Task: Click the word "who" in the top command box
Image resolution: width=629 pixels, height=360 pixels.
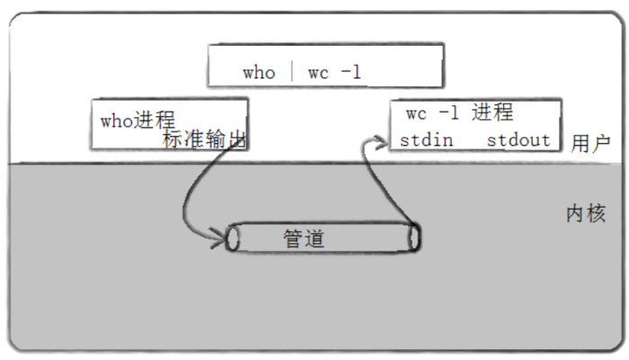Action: pyautogui.click(x=258, y=73)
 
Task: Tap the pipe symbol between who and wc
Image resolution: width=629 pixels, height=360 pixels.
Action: pyautogui.click(x=292, y=72)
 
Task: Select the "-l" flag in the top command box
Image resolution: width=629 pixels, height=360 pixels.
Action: pyautogui.click(x=350, y=73)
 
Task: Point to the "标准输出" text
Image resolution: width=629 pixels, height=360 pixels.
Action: pyautogui.click(x=204, y=139)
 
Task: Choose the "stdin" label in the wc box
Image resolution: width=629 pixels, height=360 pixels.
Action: pyautogui.click(x=427, y=140)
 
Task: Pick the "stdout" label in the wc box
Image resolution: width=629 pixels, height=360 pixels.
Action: pyautogui.click(x=518, y=140)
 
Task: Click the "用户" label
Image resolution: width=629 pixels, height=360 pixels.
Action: pyautogui.click(x=590, y=143)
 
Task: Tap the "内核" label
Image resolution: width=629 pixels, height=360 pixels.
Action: pyautogui.click(x=585, y=213)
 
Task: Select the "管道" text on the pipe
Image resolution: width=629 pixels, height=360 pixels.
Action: pyautogui.click(x=303, y=238)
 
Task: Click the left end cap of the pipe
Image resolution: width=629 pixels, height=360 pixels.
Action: pyautogui.click(x=234, y=238)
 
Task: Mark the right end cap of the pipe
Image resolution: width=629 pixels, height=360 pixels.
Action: pyautogui.click(x=414, y=238)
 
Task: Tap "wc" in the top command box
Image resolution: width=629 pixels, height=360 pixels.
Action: pyautogui.click(x=319, y=73)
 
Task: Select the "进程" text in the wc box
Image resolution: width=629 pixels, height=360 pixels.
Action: pyautogui.click(x=492, y=113)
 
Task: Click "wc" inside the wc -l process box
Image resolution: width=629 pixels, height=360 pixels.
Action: pyautogui.click(x=416, y=114)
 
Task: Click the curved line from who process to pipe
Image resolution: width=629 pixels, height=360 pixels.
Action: pyautogui.click(x=186, y=193)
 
